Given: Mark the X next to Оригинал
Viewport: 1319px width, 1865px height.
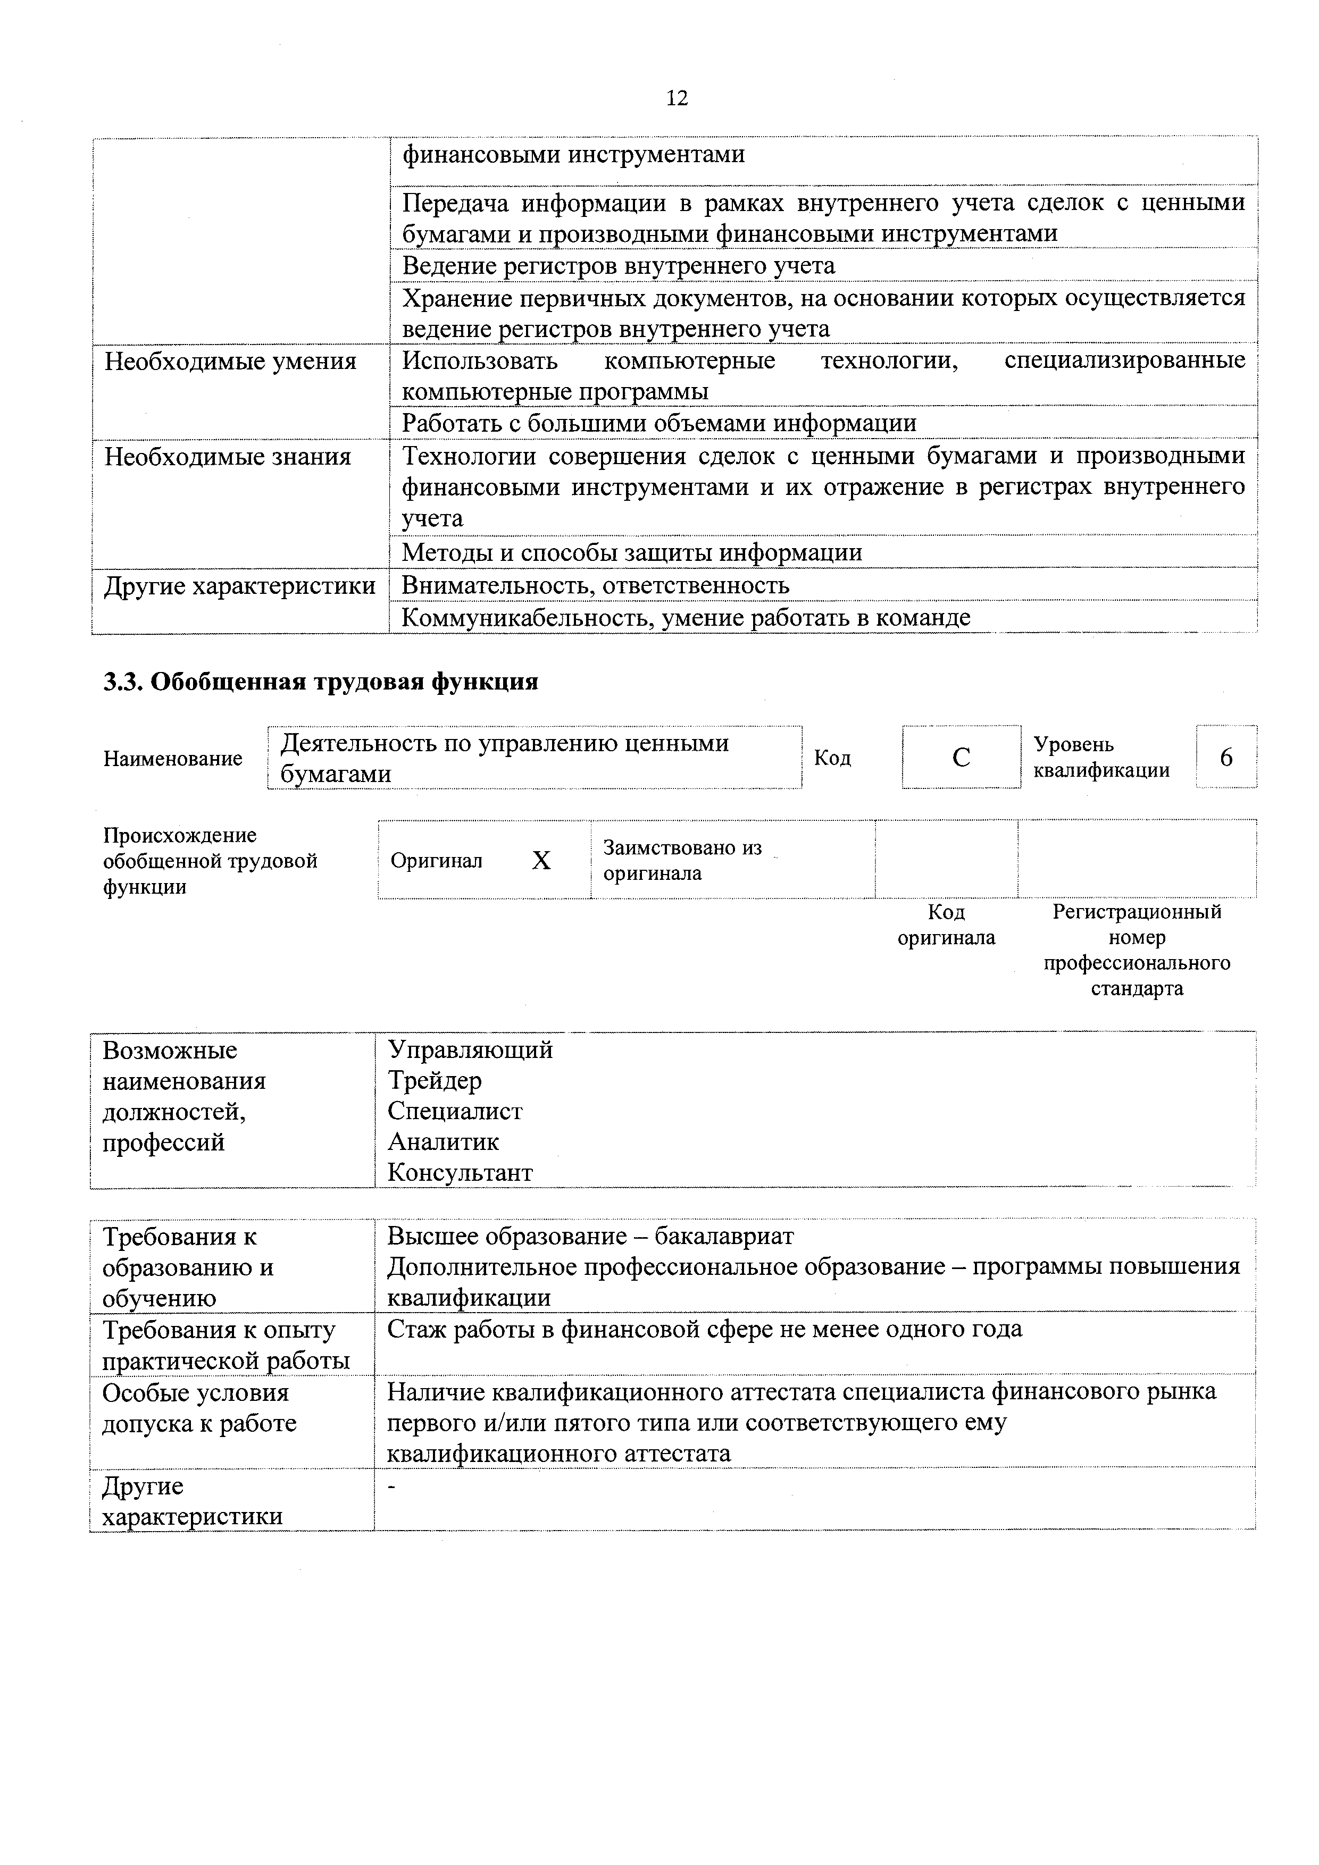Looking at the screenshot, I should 541,860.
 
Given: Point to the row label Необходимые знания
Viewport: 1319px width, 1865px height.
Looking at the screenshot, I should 228,457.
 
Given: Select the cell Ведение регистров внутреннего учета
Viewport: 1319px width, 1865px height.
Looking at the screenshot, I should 619,266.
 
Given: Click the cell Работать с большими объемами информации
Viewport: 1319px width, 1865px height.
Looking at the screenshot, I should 659,423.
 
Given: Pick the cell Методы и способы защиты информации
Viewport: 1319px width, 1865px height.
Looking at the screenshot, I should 631,552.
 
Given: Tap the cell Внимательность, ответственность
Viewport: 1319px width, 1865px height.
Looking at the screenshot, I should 595,585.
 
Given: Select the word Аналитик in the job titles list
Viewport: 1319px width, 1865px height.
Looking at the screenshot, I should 443,1141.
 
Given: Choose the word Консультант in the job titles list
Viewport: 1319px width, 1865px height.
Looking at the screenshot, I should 460,1172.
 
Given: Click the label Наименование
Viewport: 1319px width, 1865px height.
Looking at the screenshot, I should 173,758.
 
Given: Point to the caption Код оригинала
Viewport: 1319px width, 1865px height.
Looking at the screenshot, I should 946,925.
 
